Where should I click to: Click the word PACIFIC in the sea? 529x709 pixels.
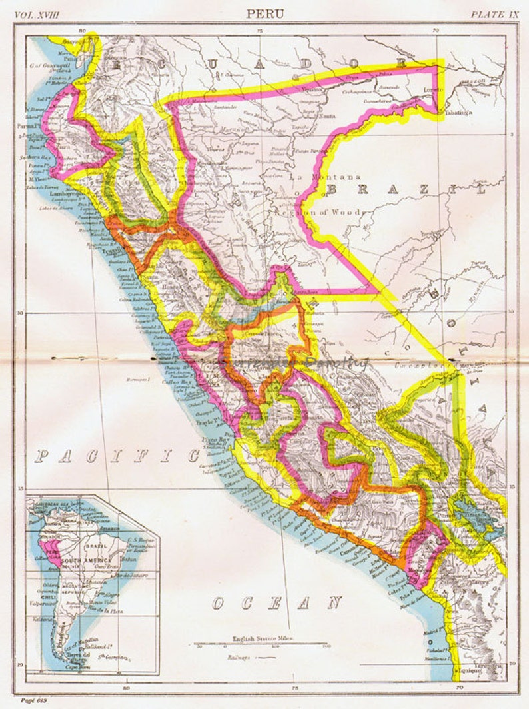pos(117,456)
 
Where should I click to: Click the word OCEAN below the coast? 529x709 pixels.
pos(276,604)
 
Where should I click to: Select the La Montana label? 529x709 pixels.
pos(326,177)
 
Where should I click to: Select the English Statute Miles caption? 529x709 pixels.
pos(263,638)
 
